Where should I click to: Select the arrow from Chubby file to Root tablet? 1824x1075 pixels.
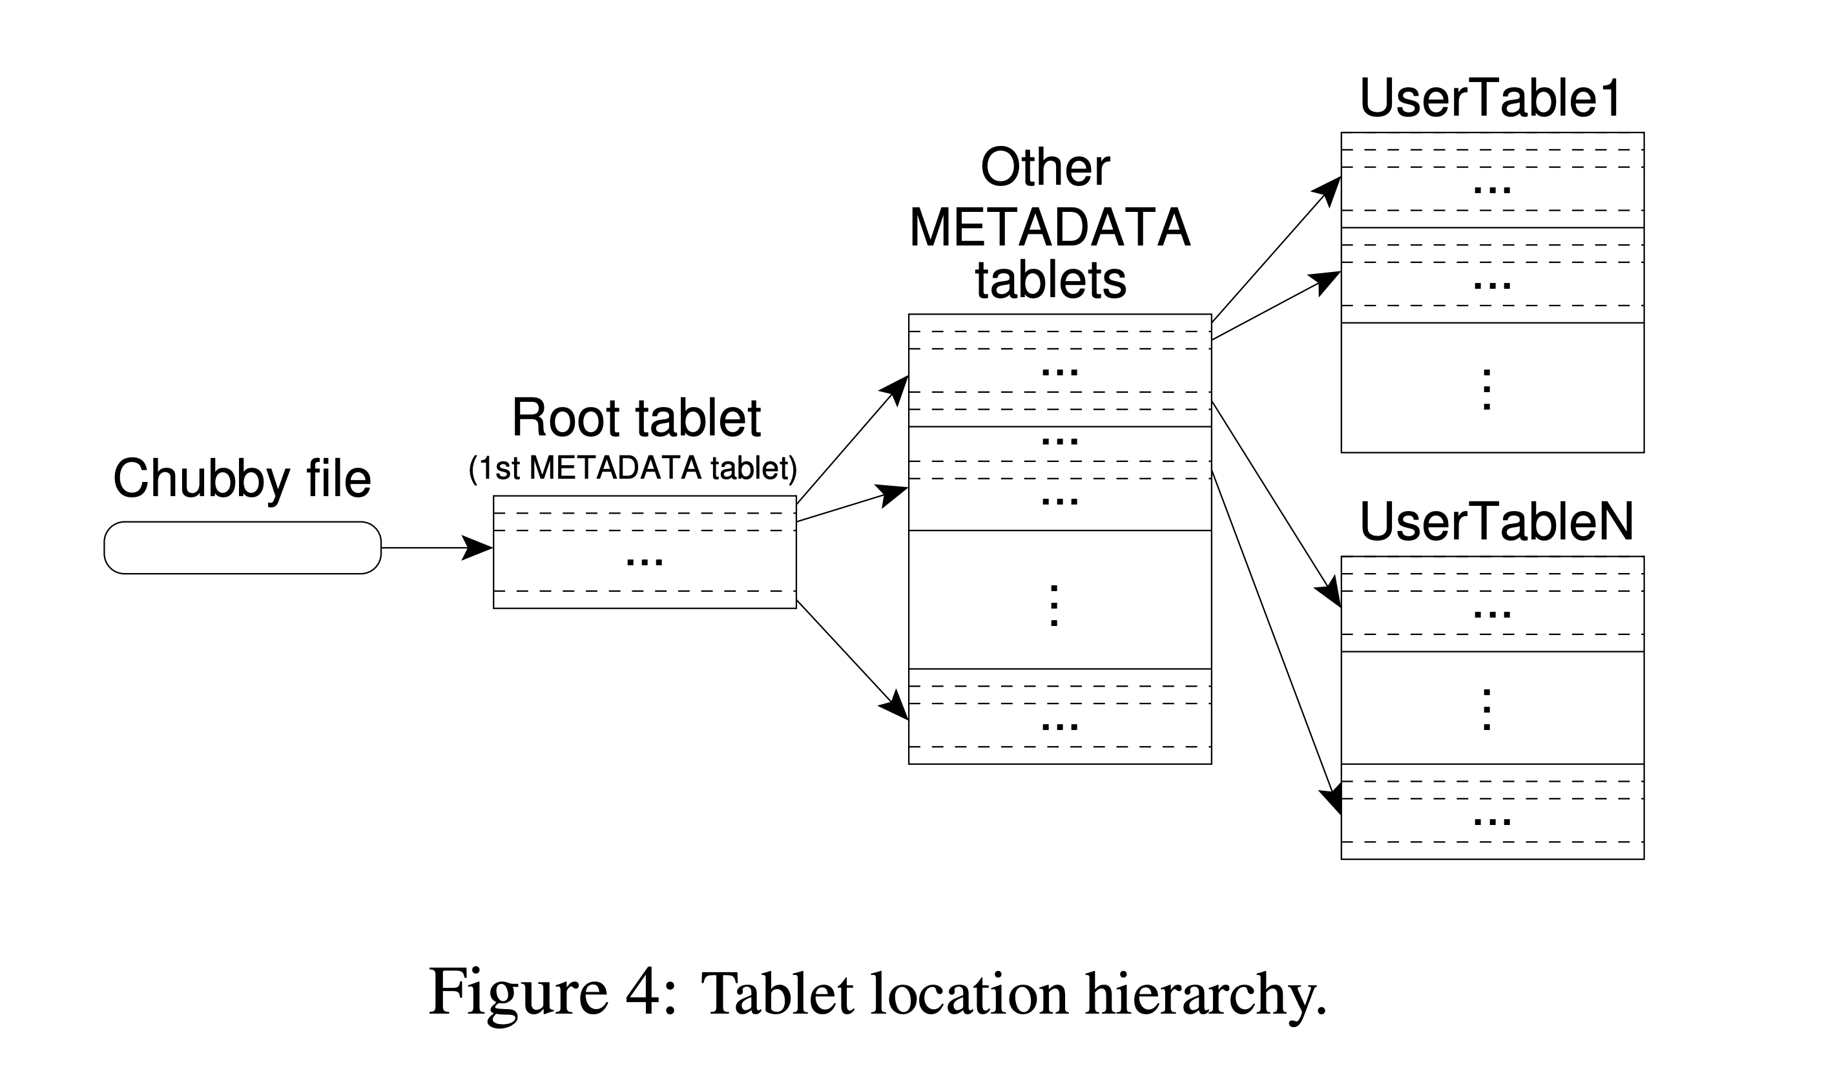pos(435,548)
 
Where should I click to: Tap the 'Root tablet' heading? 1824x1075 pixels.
pos(636,418)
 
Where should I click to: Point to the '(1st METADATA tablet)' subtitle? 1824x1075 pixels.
pos(633,468)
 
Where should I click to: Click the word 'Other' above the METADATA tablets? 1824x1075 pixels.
pos(1044,167)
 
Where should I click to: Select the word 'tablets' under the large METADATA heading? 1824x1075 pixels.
pos(1051,281)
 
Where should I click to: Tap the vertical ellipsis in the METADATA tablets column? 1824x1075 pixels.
pos(1054,605)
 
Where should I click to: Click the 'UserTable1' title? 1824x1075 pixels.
pos(1490,98)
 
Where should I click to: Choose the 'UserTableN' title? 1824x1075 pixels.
pos(1496,521)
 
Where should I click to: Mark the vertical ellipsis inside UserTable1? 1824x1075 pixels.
pos(1487,390)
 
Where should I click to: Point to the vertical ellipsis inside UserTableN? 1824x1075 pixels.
pos(1487,709)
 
